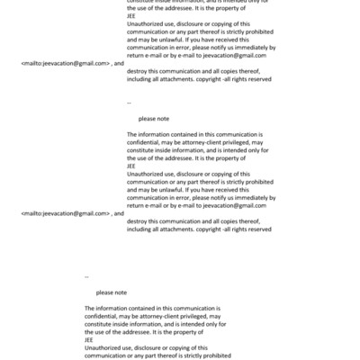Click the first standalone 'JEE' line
click(x=131, y=15)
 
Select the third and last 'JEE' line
click(x=88, y=340)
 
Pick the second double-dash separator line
click(x=86, y=276)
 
